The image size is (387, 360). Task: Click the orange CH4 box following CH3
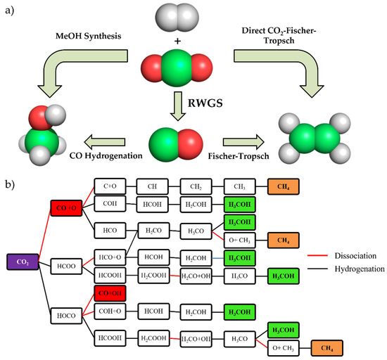click(286, 186)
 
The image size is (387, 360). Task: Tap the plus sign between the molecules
click(193, 40)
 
